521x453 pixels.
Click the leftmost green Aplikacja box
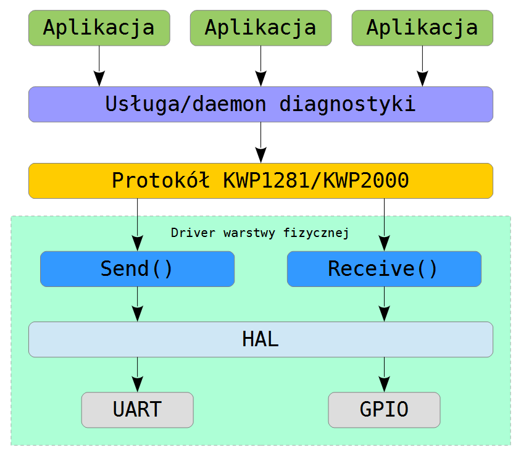point(99,28)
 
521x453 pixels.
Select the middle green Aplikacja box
point(261,28)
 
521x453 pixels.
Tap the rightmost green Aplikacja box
point(422,28)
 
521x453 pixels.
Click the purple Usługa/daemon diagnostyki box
point(261,104)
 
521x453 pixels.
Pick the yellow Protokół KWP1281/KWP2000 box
point(261,181)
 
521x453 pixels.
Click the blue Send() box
point(137,269)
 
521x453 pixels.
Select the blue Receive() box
point(384,269)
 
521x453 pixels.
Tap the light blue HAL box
point(261,339)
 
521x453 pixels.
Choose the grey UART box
point(137,410)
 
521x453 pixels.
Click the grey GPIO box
point(384,410)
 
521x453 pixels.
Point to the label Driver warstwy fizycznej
point(260,233)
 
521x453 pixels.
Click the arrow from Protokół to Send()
point(137,225)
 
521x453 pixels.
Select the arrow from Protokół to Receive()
point(384,225)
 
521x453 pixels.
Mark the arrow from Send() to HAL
point(137,304)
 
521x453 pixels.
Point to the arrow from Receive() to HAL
point(384,304)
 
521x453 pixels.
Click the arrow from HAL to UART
point(137,375)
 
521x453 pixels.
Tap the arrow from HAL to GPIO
point(384,375)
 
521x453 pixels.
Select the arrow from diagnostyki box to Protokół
point(261,143)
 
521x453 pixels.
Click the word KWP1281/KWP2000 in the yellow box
point(316,181)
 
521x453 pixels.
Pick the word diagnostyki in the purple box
point(348,105)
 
